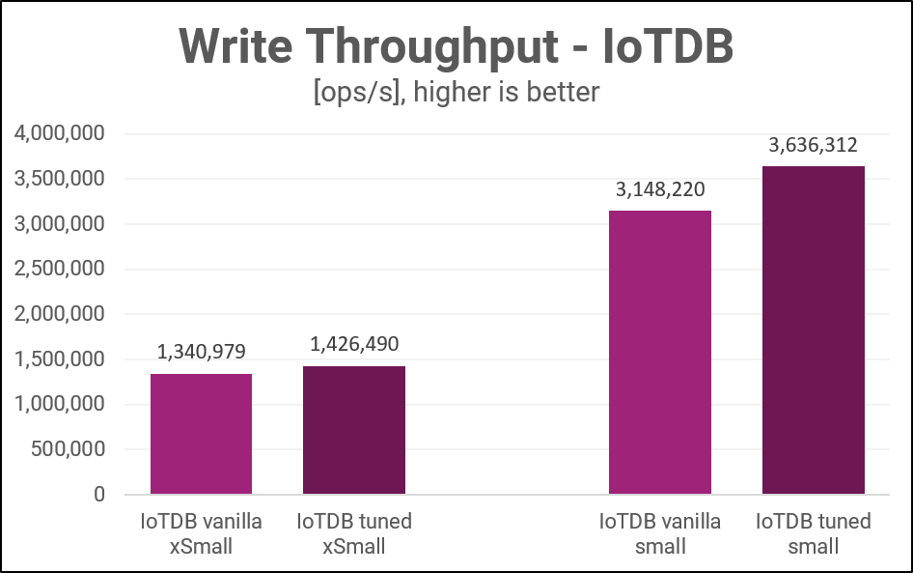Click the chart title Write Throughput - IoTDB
(x=456, y=45)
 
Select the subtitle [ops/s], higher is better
(x=456, y=92)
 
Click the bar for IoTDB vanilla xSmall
(x=201, y=434)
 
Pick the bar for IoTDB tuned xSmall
(x=353, y=430)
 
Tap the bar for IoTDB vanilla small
(x=660, y=352)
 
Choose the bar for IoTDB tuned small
(x=813, y=330)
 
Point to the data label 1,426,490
(x=353, y=345)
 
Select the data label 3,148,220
(x=660, y=189)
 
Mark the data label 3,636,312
(x=813, y=146)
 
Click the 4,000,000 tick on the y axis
(x=60, y=133)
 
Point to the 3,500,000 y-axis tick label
(x=60, y=179)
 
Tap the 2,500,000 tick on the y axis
(x=60, y=270)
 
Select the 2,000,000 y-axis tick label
(x=60, y=314)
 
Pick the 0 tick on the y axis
(x=99, y=495)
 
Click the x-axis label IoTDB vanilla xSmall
(x=201, y=533)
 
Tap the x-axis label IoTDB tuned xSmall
(x=353, y=533)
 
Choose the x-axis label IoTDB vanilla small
(x=660, y=533)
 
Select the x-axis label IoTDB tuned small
(x=813, y=533)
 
